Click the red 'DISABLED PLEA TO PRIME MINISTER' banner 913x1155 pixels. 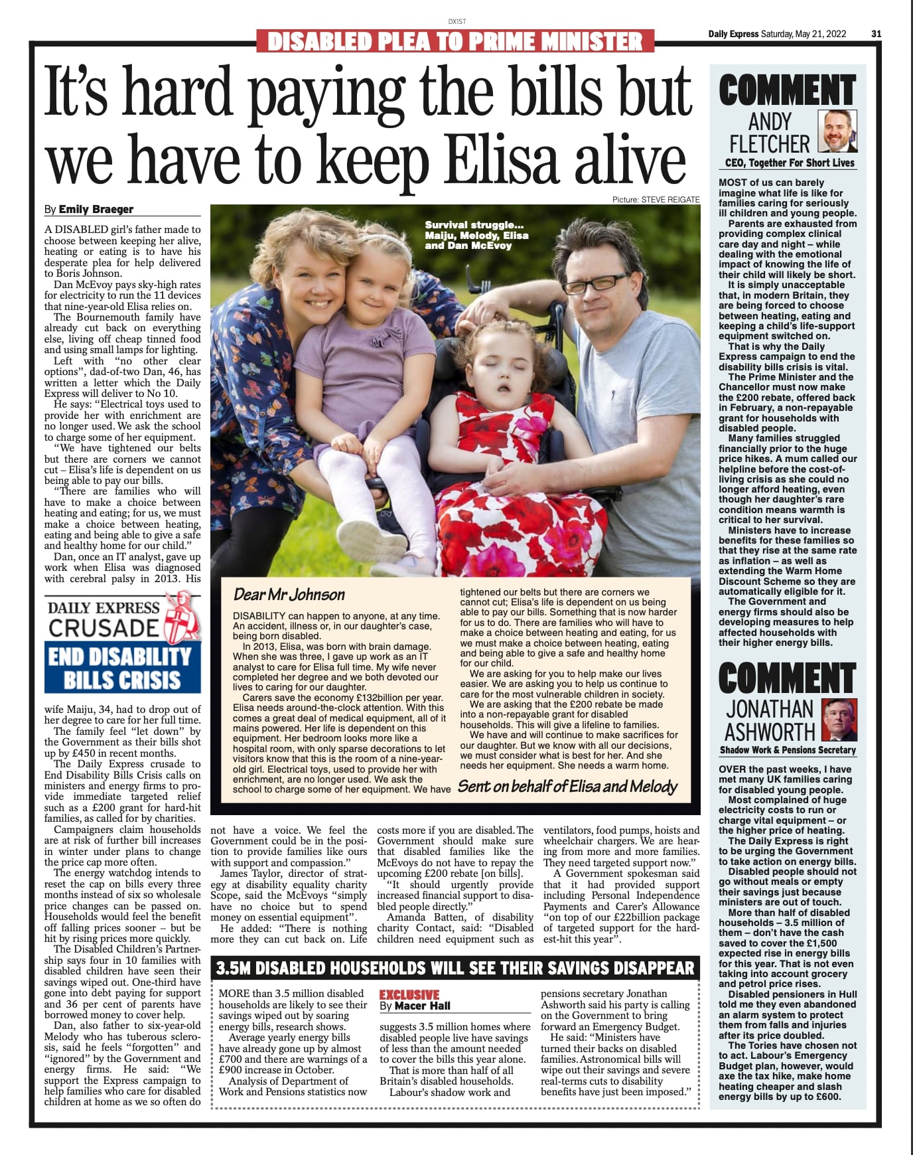point(455,42)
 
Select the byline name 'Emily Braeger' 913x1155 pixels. point(96,209)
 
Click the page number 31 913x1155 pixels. point(876,34)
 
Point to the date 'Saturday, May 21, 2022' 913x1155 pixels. point(804,34)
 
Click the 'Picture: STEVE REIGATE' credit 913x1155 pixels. point(656,199)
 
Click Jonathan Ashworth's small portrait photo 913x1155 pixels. point(839,720)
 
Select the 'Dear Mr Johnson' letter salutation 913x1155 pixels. point(289,594)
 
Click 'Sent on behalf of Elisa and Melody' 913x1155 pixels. point(567,787)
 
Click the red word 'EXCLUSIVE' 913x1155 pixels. point(409,994)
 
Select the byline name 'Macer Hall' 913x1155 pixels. point(423,1006)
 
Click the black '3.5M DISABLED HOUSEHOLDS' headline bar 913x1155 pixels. point(455,968)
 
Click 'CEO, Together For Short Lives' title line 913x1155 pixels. point(790,163)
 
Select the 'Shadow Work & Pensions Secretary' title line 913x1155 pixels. point(788,750)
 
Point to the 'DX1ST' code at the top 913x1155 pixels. point(457,21)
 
